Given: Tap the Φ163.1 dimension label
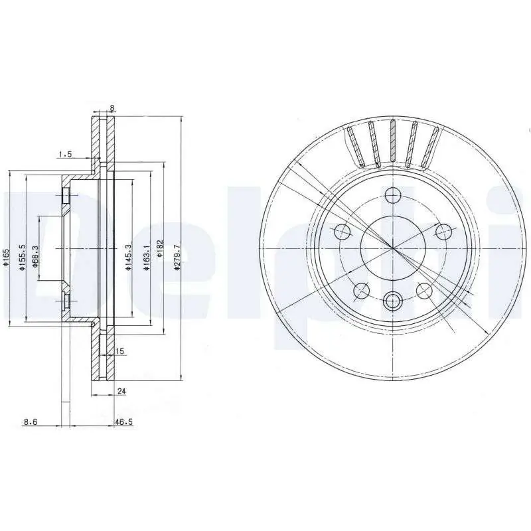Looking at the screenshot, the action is (x=146, y=258).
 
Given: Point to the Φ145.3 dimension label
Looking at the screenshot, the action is (x=128, y=258).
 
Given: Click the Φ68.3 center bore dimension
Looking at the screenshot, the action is (x=36, y=256).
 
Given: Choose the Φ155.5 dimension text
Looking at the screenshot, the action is (x=22, y=258).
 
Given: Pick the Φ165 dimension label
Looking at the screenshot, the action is (x=6, y=258).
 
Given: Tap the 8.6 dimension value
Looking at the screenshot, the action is (x=31, y=421).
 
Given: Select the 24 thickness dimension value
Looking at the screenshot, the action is (x=121, y=391).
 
